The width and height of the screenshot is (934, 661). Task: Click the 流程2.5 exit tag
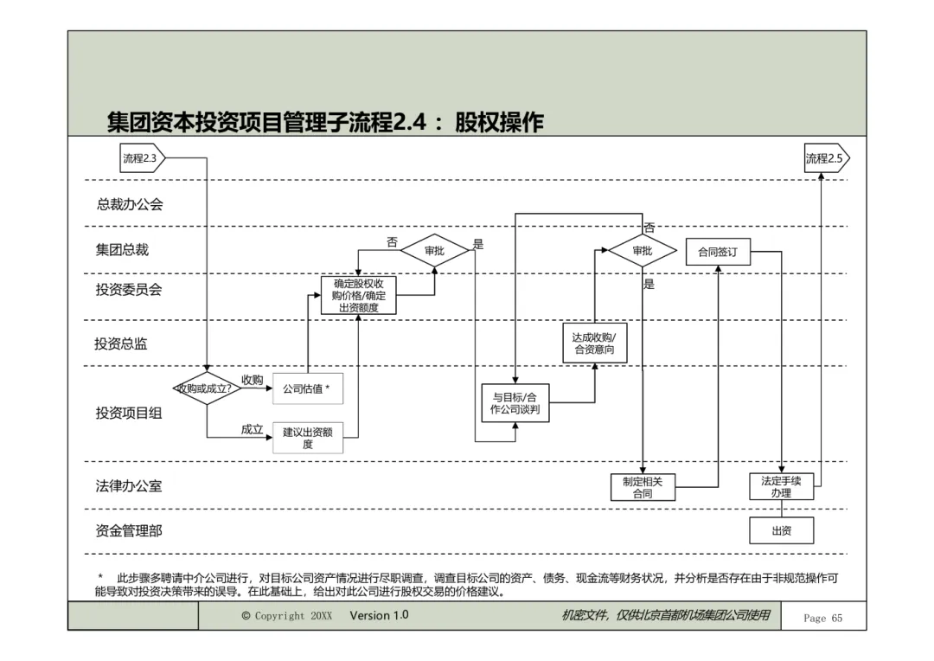click(x=826, y=158)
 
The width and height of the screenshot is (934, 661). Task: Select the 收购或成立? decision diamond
click(x=206, y=388)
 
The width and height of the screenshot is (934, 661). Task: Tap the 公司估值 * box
click(x=307, y=389)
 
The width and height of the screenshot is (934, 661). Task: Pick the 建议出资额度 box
click(x=308, y=439)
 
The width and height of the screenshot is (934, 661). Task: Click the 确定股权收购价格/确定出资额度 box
click(x=358, y=296)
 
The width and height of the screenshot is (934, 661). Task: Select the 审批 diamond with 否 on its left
click(x=434, y=251)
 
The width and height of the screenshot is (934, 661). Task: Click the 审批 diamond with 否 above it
click(x=642, y=251)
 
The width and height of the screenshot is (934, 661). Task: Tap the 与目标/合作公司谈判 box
click(x=515, y=403)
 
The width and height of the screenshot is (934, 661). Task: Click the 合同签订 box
click(x=718, y=253)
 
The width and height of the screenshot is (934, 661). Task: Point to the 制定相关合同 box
click(x=642, y=487)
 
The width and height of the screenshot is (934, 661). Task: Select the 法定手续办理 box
click(x=781, y=486)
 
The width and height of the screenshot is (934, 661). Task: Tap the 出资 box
click(x=781, y=530)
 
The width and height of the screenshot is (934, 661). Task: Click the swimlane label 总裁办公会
click(x=130, y=205)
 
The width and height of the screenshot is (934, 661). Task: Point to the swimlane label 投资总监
click(x=121, y=343)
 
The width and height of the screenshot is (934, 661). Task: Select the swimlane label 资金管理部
click(x=129, y=530)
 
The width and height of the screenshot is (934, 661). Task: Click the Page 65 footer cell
click(x=822, y=618)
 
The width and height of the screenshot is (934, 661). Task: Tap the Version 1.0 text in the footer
click(x=379, y=616)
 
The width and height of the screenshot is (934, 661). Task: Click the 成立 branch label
click(x=252, y=429)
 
